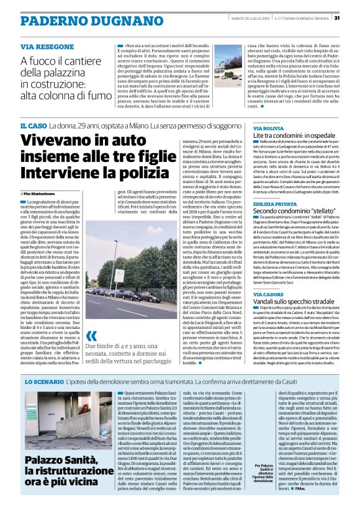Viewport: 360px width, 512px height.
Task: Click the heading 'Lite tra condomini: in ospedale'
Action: point(293,135)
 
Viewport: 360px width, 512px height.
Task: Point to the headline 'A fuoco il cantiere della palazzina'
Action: point(65,78)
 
